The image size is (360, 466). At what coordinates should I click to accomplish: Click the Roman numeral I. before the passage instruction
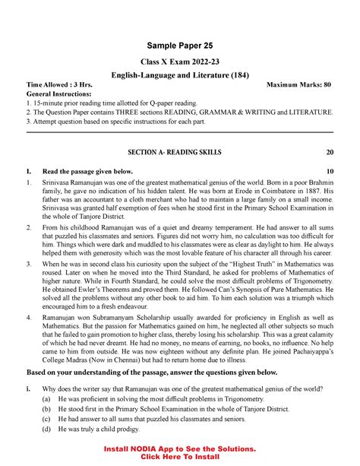[x=28, y=172]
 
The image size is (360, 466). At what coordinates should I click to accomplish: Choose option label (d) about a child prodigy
[x=48, y=427]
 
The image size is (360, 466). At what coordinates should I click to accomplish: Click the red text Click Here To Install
[x=180, y=458]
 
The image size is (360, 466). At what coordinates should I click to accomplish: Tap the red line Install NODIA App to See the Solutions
[x=180, y=449]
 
